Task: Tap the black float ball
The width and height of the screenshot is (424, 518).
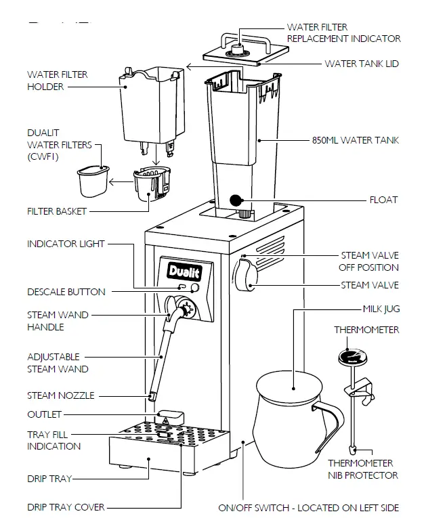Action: pos(236,200)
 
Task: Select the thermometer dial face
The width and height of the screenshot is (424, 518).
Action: pos(351,359)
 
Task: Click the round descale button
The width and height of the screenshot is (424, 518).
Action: pos(195,288)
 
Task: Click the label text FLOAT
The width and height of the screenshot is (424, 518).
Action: pos(383,200)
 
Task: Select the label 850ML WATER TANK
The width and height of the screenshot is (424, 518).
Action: pos(356,141)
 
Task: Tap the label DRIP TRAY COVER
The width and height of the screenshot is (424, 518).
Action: pos(66,506)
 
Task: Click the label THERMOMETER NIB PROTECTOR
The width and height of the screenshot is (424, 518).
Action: pos(363,469)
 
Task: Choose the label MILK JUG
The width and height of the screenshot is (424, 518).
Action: pos(381,309)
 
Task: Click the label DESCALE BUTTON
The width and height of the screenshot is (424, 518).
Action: pos(66,292)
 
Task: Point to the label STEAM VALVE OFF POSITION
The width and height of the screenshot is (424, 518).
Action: pos(369,261)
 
